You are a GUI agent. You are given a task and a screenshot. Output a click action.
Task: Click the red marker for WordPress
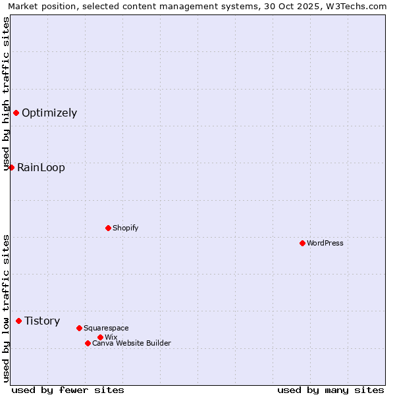pyautogui.click(x=302, y=243)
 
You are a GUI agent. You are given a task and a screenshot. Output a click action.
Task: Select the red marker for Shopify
pyautogui.click(x=108, y=228)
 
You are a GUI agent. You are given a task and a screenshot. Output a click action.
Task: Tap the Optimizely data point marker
pyautogui.click(x=16, y=113)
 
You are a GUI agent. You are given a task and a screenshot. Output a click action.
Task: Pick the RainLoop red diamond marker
pyautogui.click(x=11, y=167)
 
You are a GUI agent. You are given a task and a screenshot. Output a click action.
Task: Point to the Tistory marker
pyautogui.click(x=18, y=321)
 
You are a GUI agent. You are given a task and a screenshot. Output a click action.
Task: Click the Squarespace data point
pyautogui.click(x=79, y=328)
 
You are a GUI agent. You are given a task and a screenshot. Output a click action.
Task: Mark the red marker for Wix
pyautogui.click(x=100, y=337)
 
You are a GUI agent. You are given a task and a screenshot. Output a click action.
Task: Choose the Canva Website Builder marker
pyautogui.click(x=88, y=343)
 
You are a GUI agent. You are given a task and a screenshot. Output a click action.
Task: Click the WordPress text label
pyautogui.click(x=325, y=243)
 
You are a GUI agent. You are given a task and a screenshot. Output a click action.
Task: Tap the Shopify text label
pyautogui.click(x=125, y=228)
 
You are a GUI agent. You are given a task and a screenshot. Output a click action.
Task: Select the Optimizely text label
pyautogui.click(x=49, y=113)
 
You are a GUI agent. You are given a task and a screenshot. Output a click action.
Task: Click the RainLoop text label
pyautogui.click(x=41, y=167)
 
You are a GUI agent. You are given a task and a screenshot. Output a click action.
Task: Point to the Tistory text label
pyautogui.click(x=42, y=321)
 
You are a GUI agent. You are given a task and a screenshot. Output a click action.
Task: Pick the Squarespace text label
pyautogui.click(x=106, y=328)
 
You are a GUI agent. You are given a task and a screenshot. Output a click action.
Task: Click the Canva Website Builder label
pyautogui.click(x=132, y=343)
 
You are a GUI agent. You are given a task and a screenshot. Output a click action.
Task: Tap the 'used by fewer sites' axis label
pyautogui.click(x=68, y=390)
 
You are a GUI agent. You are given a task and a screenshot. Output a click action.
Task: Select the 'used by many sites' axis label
pyautogui.click(x=330, y=390)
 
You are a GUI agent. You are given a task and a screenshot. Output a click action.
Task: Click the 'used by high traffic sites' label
pyautogui.click(x=6, y=93)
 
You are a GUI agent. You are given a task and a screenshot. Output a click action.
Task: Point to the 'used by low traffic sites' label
pyautogui.click(x=6, y=308)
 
